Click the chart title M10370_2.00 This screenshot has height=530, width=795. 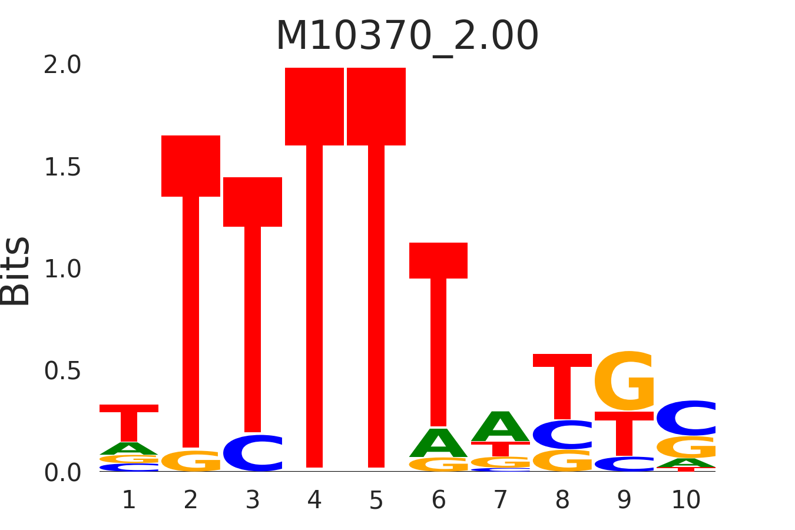pos(407,37)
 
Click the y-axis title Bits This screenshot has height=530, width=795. pos(16,271)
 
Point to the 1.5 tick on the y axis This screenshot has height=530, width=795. pos(62,168)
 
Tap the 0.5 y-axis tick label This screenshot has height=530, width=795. pos(62,371)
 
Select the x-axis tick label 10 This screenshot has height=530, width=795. pos(686,501)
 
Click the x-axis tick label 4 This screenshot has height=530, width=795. pos(314,501)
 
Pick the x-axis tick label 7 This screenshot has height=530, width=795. pos(501,501)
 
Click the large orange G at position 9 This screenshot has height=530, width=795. pos(624,381)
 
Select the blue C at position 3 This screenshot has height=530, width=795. pos(253,453)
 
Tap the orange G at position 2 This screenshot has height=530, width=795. pos(191,461)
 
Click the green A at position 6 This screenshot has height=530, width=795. pos(439,443)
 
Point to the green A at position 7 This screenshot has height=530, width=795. pos(501,426)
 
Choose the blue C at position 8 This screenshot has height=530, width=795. pos(562,435)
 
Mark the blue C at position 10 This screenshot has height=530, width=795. pos(686,418)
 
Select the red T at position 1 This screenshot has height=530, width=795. pos(129,422)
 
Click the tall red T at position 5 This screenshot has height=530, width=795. pos(376,265)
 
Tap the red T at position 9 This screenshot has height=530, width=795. pos(624,433)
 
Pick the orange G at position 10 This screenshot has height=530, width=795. pos(686,448)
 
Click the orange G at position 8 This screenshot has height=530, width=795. pos(562,461)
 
